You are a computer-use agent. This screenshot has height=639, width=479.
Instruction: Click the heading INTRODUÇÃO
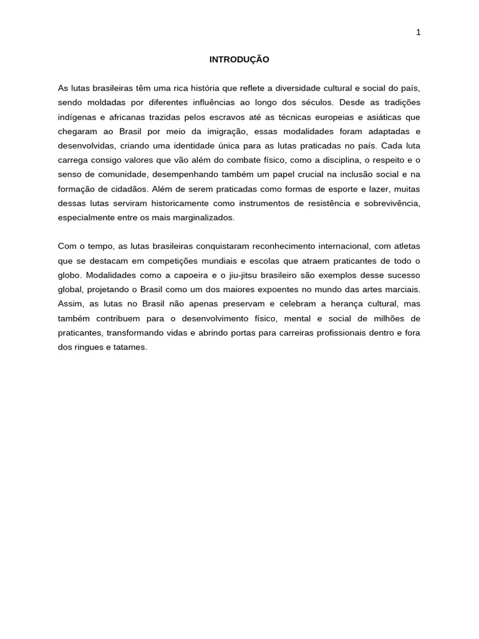(x=239, y=60)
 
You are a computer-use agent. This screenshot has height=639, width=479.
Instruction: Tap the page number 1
(x=419, y=32)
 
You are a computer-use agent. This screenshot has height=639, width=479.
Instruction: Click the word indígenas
(x=75, y=117)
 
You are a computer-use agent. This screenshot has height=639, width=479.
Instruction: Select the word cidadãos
(x=127, y=188)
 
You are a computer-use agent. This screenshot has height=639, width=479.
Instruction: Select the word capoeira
(x=183, y=275)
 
